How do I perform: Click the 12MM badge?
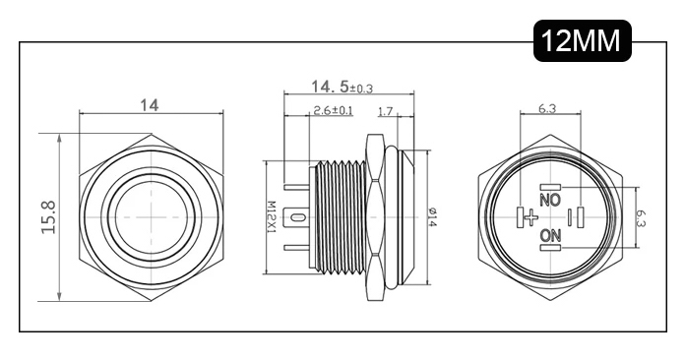click(x=583, y=40)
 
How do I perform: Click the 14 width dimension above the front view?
click(x=150, y=105)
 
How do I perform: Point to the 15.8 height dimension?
click(x=48, y=217)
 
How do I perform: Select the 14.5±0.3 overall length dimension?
click(x=342, y=87)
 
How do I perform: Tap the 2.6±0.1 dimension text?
click(x=334, y=110)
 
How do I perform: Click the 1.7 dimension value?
click(x=385, y=112)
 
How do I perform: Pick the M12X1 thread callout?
click(x=272, y=216)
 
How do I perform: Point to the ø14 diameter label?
click(x=432, y=217)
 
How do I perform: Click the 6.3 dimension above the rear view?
click(x=547, y=108)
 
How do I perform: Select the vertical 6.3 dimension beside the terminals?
click(x=641, y=217)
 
